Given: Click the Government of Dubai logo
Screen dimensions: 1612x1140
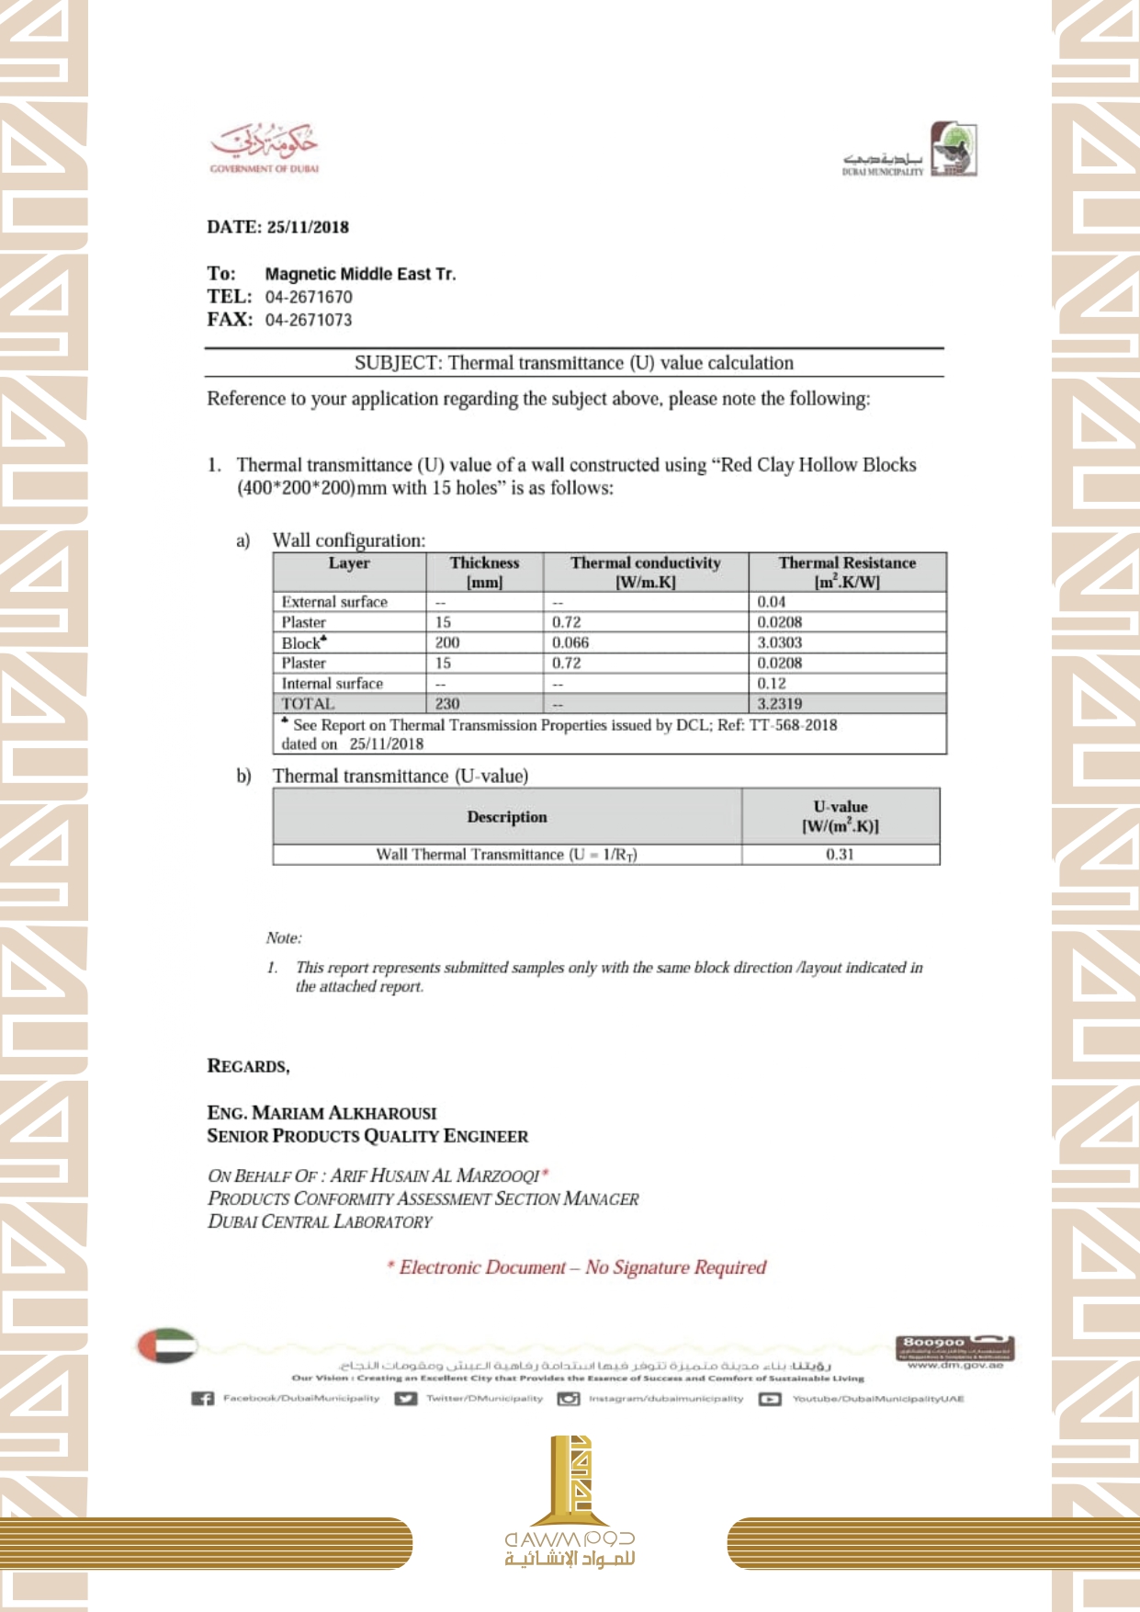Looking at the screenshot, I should [265, 147].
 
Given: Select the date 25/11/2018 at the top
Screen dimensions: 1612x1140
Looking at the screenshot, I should [308, 227].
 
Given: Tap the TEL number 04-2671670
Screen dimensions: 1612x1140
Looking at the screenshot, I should [309, 297].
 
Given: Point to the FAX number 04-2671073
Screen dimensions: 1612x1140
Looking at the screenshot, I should [309, 320].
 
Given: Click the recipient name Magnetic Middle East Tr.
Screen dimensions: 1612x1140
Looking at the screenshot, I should [360, 274].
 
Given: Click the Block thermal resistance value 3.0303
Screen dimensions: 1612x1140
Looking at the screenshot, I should [780, 642].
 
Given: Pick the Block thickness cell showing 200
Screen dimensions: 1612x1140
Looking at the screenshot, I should [447, 642].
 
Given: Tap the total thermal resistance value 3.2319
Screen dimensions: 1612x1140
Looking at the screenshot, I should [780, 704].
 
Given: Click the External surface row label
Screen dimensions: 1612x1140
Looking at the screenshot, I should [334, 602].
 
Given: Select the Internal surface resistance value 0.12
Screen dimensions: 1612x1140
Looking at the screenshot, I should [772, 684].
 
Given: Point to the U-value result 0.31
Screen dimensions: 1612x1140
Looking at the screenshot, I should [840, 855].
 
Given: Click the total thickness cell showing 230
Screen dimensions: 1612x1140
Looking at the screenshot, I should [447, 704].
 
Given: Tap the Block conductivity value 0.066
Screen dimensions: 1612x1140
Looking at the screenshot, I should [570, 642].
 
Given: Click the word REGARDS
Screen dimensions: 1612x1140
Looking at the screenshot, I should [248, 1066].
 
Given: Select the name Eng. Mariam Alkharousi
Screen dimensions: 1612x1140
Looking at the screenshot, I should [322, 1113].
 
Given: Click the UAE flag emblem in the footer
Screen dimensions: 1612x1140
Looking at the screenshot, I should [167, 1345].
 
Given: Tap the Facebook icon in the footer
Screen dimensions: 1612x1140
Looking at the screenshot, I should [202, 1399].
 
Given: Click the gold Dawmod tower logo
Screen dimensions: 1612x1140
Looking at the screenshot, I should [570, 1480].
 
